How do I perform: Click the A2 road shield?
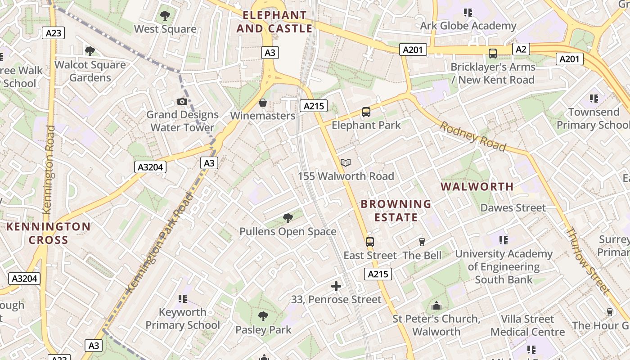(521, 49)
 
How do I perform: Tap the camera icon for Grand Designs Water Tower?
(182, 101)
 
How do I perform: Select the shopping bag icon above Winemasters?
(263, 103)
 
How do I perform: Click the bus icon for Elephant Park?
(366, 112)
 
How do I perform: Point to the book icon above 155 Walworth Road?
(346, 163)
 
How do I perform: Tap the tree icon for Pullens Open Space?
(288, 219)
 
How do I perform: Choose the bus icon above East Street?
(370, 242)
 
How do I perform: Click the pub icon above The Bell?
(422, 242)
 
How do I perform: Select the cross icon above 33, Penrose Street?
(336, 286)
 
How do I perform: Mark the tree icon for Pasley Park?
(263, 316)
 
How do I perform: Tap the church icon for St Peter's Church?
(436, 306)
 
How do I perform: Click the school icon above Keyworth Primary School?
(182, 299)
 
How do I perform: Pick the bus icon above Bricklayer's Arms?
(493, 54)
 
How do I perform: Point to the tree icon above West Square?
(165, 16)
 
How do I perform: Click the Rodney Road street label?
(473, 136)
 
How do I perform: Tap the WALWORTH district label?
(477, 186)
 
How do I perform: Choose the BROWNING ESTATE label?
(396, 211)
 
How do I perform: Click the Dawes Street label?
(513, 208)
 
